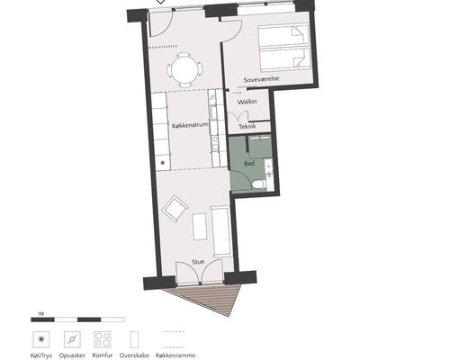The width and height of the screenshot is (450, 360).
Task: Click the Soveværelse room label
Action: pyautogui.click(x=261, y=79)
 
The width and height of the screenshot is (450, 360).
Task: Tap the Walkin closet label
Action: pyautogui.click(x=247, y=102)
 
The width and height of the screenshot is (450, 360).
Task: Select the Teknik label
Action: pyautogui.click(x=247, y=126)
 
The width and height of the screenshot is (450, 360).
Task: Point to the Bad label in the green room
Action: pyautogui.click(x=249, y=163)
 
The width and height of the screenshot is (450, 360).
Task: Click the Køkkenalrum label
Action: pyautogui.click(x=190, y=125)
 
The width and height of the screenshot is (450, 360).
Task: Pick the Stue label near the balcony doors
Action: pyautogui.click(x=198, y=262)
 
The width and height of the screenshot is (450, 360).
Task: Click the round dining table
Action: pyautogui.click(x=184, y=70)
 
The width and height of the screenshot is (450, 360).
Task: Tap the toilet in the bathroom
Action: pyautogui.click(x=258, y=184)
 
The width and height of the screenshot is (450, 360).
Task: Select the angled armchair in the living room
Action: pyautogui.click(x=175, y=209)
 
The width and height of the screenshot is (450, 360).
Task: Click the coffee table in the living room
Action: pyautogui.click(x=200, y=227)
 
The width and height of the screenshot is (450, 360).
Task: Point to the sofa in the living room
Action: pyautogui.click(x=221, y=231)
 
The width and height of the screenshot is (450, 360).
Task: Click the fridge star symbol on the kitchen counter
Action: pyautogui.click(x=163, y=163)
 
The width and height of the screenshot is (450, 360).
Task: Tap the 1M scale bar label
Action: pyautogui.click(x=41, y=314)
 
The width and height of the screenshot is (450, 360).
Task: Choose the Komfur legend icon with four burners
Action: pyautogui.click(x=103, y=339)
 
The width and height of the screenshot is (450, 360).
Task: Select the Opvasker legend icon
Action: pyautogui.click(x=72, y=339)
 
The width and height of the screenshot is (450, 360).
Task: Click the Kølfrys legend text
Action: pyautogui.click(x=41, y=355)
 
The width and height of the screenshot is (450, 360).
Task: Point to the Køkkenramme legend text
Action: pyautogui.click(x=175, y=355)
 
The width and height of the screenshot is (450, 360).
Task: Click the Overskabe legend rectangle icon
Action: pyautogui.click(x=134, y=339)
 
